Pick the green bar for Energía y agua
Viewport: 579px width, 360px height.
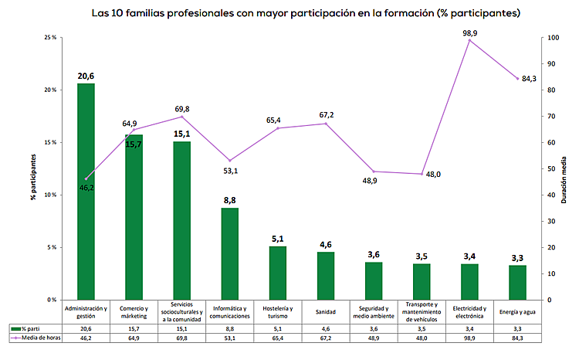(517, 282)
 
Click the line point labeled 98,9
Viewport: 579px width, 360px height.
(469, 40)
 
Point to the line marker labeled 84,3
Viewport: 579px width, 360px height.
(517, 79)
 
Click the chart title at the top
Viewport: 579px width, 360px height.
(305, 13)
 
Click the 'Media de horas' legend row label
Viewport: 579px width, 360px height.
(38, 338)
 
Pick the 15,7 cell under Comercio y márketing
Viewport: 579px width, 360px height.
(134, 328)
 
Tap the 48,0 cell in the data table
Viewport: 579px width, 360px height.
(422, 338)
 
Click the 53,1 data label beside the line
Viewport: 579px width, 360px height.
(229, 171)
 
